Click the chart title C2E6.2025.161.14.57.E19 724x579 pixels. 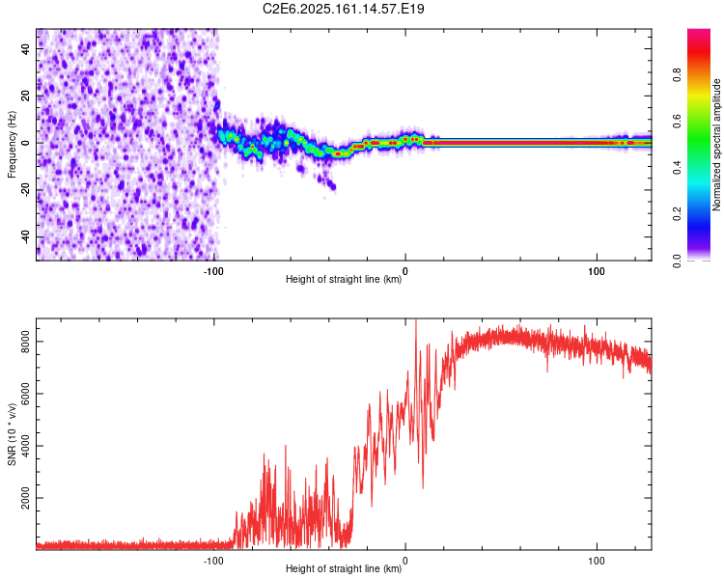345,9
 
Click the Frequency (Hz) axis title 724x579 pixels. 12,144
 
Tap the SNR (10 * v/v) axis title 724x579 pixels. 12,433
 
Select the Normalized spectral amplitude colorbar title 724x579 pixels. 717,144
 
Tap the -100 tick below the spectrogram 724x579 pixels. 214,271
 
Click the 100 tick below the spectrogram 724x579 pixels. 597,271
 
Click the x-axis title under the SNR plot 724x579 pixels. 344,569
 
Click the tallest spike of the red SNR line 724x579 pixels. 416,320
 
